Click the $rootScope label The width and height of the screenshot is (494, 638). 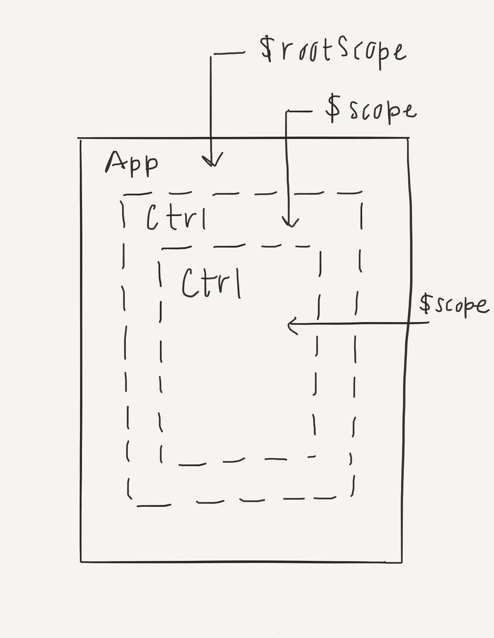point(333,51)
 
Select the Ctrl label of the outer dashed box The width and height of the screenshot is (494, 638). point(176,217)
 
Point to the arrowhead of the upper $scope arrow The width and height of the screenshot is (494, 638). point(290,223)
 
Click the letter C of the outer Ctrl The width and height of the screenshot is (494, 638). point(152,217)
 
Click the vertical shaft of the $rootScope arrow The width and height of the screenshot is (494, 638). point(211,102)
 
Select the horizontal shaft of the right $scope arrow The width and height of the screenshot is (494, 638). point(359,323)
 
